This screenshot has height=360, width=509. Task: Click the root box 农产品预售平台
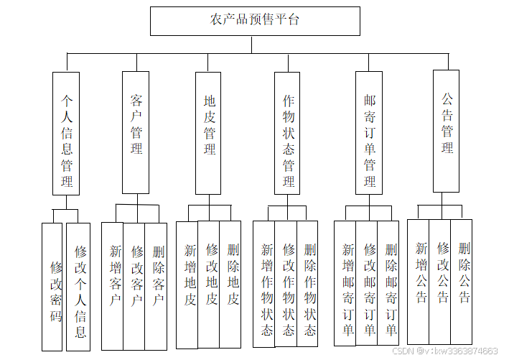[255, 21]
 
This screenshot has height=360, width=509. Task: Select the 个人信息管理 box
[66, 133]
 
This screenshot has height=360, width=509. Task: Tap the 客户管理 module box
[136, 131]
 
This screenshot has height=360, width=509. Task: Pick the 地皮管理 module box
[209, 132]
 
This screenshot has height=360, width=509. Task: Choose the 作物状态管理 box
[287, 133]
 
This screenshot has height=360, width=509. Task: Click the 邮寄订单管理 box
[369, 132]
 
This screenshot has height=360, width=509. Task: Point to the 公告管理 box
[446, 131]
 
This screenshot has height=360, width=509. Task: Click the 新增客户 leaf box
[113, 285]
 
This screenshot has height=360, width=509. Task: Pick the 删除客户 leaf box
[156, 285]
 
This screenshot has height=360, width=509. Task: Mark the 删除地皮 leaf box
[230, 284]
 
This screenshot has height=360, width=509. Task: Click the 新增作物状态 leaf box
[264, 284]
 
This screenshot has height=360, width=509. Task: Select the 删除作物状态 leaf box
[307, 284]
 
